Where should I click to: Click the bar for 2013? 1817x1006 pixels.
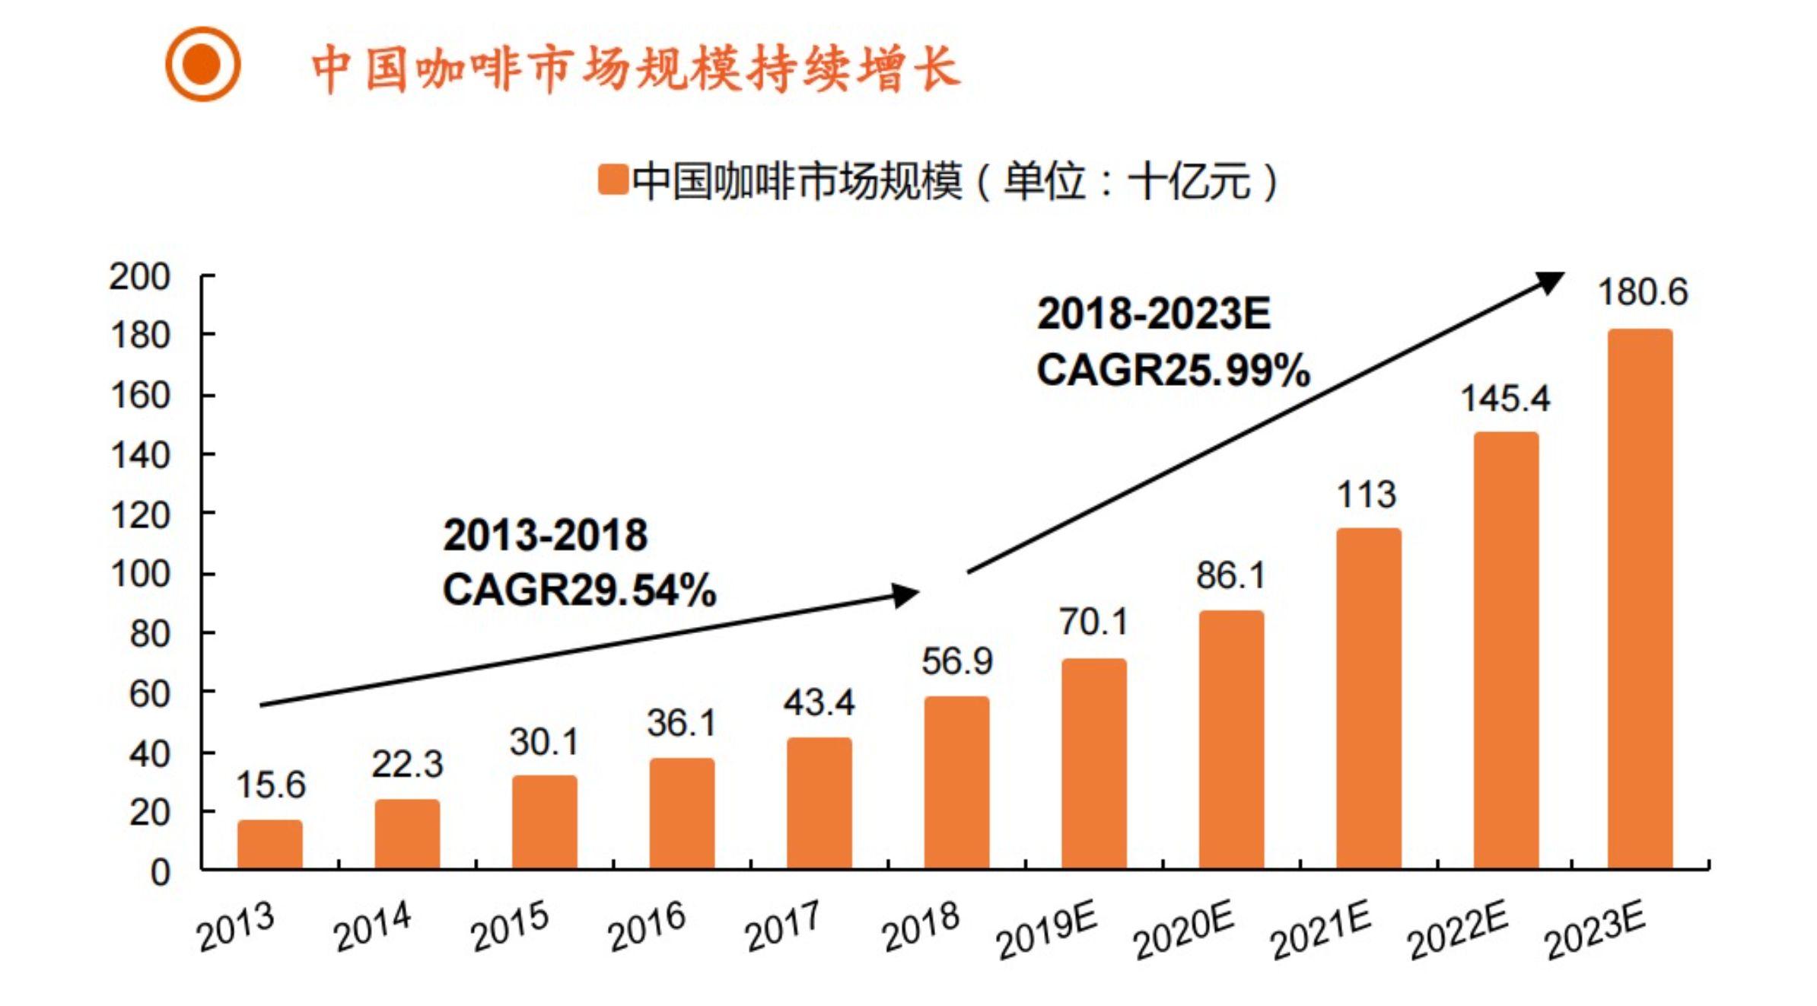point(269,845)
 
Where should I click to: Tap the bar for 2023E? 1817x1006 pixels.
point(1640,599)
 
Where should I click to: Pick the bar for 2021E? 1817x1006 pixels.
point(1368,698)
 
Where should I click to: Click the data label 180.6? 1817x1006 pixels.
point(1642,292)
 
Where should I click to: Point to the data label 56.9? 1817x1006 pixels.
point(956,661)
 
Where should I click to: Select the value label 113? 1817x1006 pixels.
point(1367,495)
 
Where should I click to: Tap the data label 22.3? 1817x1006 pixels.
point(406,764)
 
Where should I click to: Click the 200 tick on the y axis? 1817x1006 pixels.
point(139,277)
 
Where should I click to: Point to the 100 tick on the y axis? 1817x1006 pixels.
point(139,575)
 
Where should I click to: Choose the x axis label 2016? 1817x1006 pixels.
point(647,927)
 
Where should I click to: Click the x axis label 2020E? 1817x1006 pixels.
point(1183,933)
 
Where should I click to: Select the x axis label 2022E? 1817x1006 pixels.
point(1457,933)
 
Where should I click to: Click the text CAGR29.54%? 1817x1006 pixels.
point(579,591)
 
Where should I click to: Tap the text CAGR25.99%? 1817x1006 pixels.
point(1173,371)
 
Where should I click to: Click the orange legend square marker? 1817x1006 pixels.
point(612,180)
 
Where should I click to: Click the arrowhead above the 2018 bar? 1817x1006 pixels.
point(905,594)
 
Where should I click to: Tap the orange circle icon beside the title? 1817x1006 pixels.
point(203,64)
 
